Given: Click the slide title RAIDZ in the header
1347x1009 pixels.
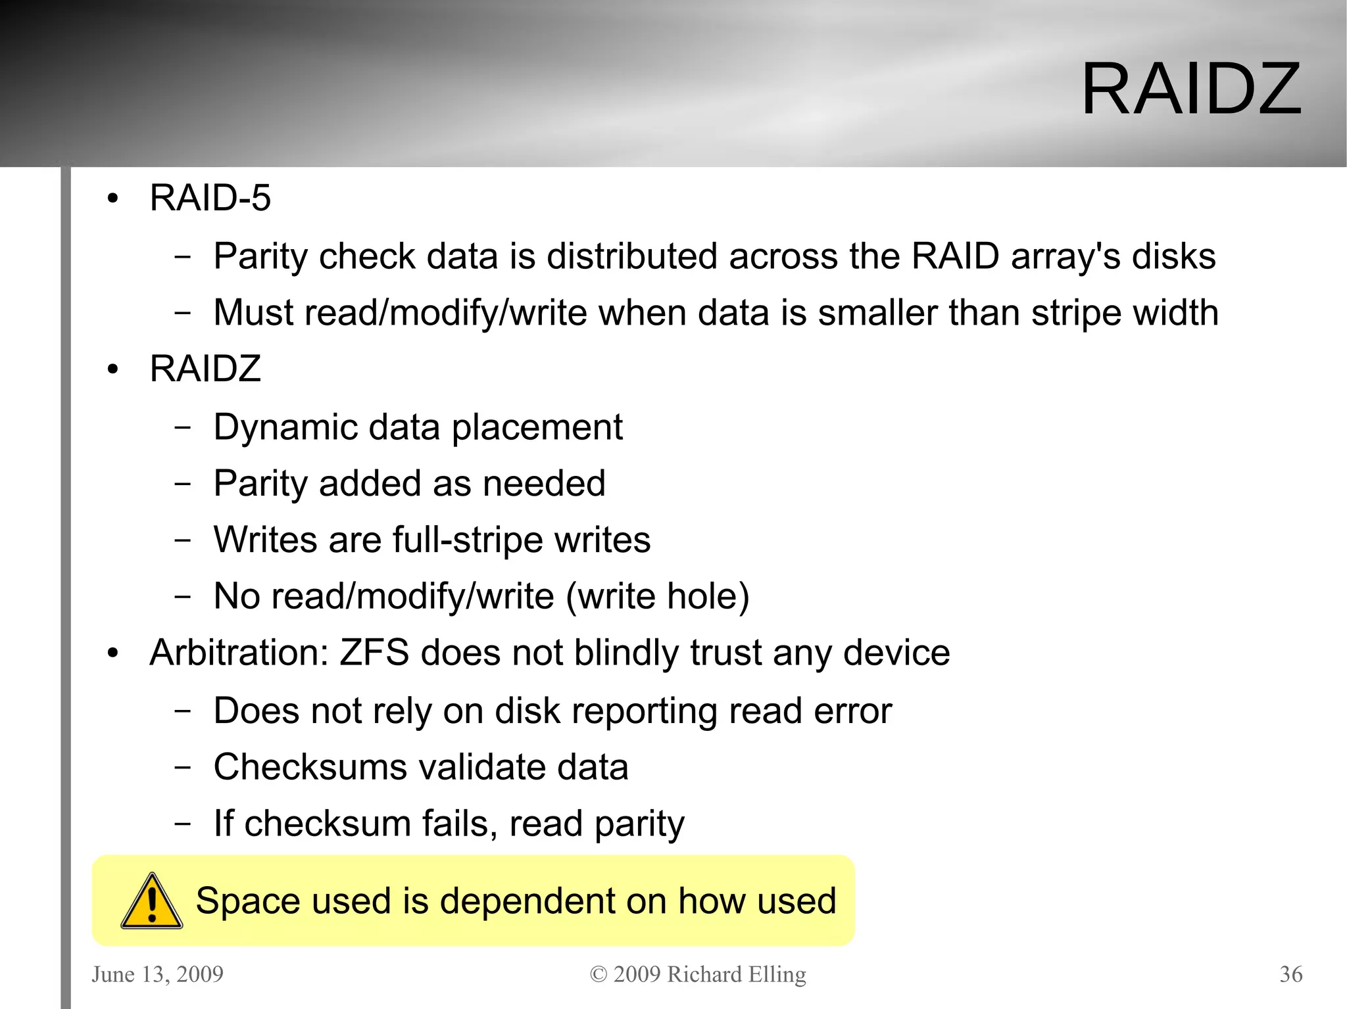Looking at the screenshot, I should click(1191, 89).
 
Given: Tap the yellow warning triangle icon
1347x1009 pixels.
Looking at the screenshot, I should click(152, 902).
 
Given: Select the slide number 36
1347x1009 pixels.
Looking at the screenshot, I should click(1290, 974).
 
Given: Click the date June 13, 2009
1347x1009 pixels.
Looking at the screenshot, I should click(158, 974).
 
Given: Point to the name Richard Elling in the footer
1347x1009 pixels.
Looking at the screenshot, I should click(737, 974).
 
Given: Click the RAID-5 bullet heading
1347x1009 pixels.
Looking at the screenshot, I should click(210, 198).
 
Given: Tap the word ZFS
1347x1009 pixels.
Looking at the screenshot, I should click(374, 653).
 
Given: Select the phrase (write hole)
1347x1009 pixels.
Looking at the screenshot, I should click(658, 596).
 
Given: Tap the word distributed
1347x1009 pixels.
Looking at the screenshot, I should click(632, 256).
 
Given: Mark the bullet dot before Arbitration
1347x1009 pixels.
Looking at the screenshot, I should click(113, 653).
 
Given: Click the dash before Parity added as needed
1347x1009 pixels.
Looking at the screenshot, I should click(183, 484).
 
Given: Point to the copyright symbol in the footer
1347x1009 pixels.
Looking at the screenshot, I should click(598, 974).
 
